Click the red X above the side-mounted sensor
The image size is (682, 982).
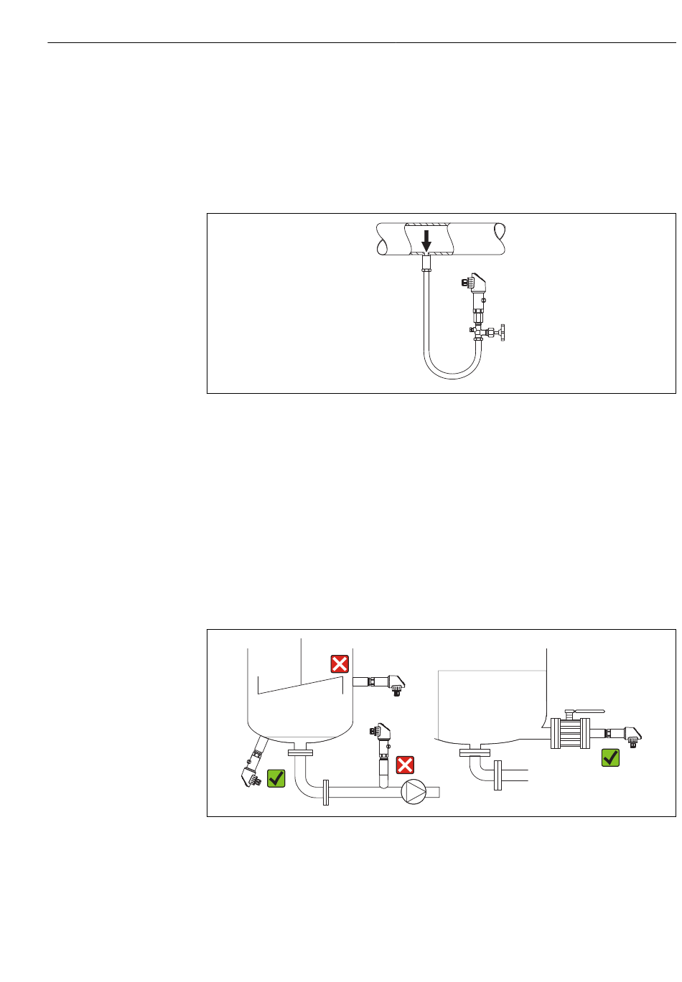(x=340, y=664)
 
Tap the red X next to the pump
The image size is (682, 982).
(x=406, y=765)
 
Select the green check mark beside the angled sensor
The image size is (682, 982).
(x=276, y=778)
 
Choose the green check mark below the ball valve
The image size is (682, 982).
(x=610, y=757)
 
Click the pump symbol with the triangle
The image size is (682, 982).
(x=414, y=791)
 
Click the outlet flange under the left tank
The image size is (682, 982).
(x=300, y=752)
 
